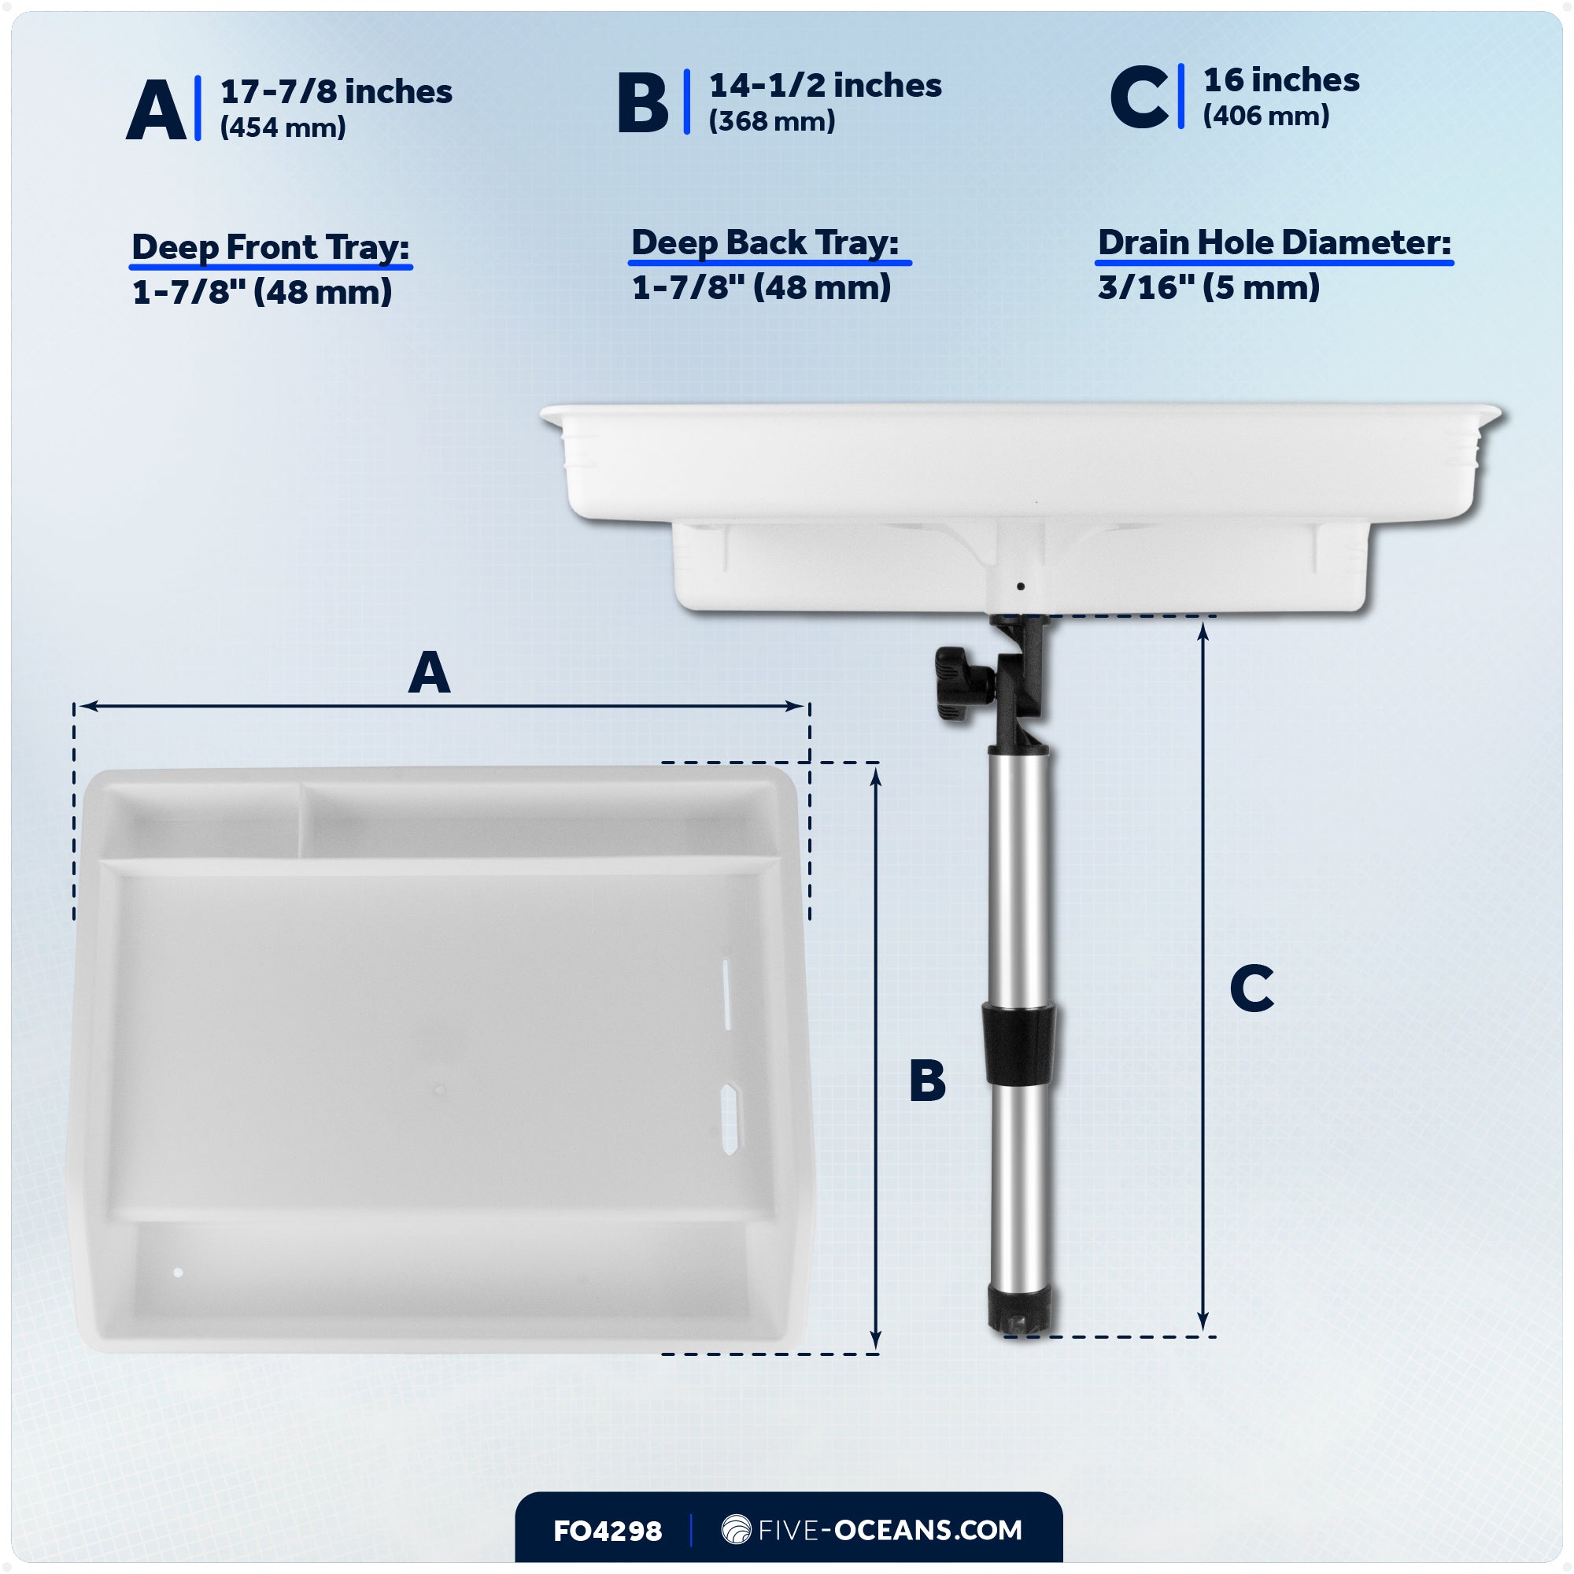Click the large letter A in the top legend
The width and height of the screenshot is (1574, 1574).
coord(157,111)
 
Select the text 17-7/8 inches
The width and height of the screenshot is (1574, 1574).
coord(336,92)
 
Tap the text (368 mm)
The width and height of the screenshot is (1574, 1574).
coord(771,121)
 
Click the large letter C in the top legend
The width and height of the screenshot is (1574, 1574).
coord(1139,98)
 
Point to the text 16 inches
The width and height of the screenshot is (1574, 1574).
coord(1280,79)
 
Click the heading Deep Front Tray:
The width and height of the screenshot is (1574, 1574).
coord(271,247)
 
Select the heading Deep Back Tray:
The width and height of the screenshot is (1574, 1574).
coord(764,242)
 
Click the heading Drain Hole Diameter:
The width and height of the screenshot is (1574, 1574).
coord(1274,242)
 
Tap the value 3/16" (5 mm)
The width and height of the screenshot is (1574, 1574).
coord(1208,286)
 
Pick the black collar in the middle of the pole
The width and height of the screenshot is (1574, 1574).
coord(1018,1044)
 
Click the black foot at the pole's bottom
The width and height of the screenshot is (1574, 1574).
coord(1019,1310)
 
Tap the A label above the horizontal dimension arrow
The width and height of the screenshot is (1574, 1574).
coord(430,673)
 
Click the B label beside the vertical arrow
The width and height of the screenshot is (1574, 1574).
coord(927,1081)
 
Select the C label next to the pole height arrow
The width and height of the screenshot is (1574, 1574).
coord(1251,988)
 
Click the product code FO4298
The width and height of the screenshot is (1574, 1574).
coord(608,1531)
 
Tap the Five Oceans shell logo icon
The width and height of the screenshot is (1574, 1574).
coord(736,1529)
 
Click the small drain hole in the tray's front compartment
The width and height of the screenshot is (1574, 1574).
coord(178,1273)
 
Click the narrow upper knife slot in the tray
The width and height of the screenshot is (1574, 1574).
coord(726,994)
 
